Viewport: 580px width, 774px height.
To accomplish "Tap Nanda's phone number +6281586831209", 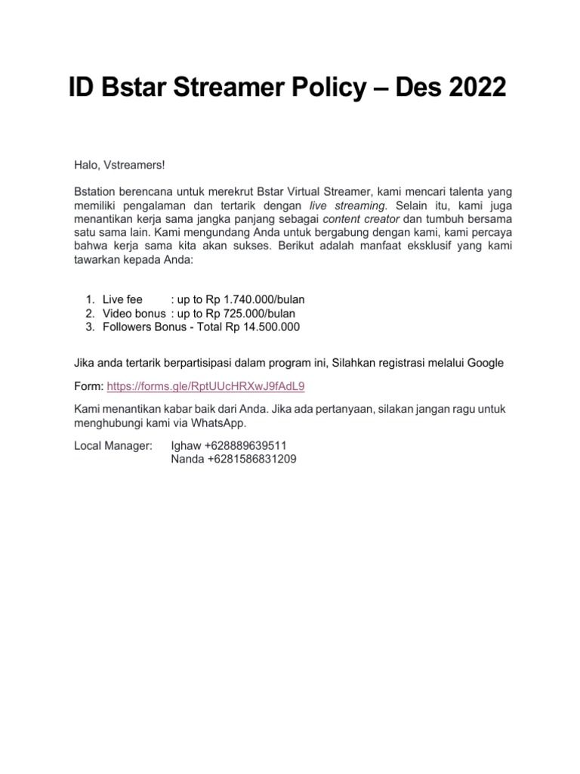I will coord(248,458).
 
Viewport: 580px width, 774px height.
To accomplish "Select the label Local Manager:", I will coord(113,445).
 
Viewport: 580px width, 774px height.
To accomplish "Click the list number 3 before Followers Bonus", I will coord(88,327).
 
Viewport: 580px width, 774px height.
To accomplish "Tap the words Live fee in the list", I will coord(122,300).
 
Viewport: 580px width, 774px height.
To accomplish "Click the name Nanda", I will coord(187,458).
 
